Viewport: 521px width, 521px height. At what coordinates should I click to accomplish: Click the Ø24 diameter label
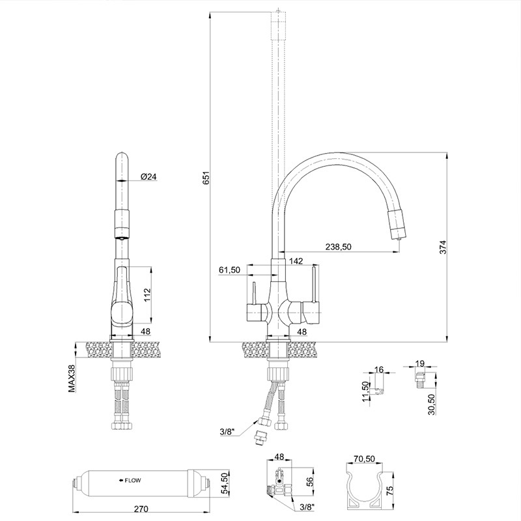[148, 176]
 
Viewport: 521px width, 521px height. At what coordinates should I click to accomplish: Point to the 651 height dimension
[206, 178]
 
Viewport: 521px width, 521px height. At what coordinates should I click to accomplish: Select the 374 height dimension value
[444, 247]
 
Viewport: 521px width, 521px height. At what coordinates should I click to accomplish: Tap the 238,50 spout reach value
[338, 247]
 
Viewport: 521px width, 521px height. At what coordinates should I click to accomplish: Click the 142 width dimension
[296, 261]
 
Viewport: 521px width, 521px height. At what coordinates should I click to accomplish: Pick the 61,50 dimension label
[229, 270]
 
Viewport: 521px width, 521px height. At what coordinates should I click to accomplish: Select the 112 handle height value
[148, 295]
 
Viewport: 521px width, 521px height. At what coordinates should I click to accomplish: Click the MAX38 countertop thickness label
[72, 378]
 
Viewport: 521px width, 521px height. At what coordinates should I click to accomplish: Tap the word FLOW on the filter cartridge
[133, 480]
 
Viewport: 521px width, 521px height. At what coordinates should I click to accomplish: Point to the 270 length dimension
[141, 509]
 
